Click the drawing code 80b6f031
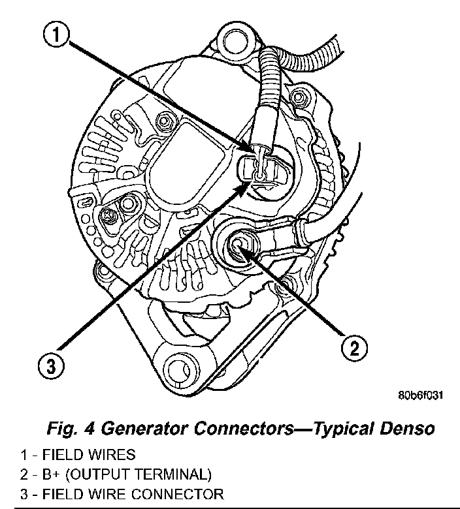pyautogui.click(x=419, y=395)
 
